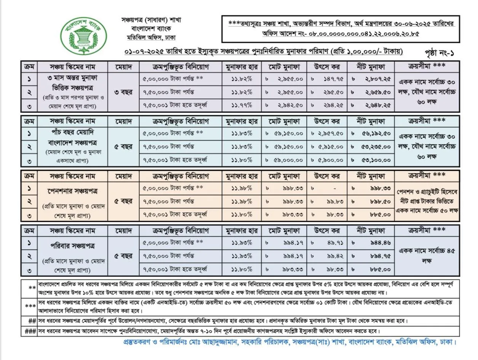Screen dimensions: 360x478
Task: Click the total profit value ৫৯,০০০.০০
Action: coord(288,159)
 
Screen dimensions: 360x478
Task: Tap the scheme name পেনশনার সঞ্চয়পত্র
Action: coord(72,190)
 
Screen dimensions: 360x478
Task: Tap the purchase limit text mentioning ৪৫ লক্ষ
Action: coord(427,255)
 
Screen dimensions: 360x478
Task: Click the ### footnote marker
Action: coord(30,331)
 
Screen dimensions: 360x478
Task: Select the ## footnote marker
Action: coord(32,320)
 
